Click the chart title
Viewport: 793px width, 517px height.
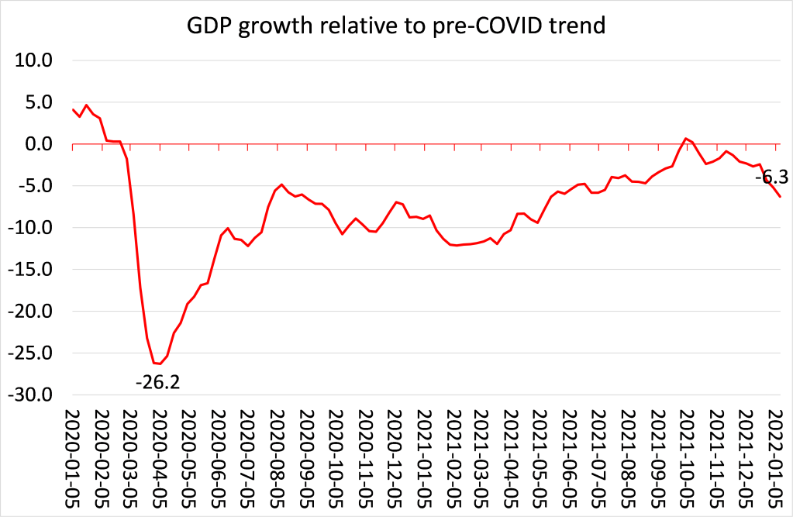tap(396, 26)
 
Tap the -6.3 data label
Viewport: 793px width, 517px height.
tap(771, 178)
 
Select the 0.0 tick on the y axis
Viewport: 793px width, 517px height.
tap(37, 144)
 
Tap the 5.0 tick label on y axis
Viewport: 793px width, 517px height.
tap(37, 102)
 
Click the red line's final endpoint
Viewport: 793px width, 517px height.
tap(780, 197)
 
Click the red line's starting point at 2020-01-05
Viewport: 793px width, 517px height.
tap(73, 109)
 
